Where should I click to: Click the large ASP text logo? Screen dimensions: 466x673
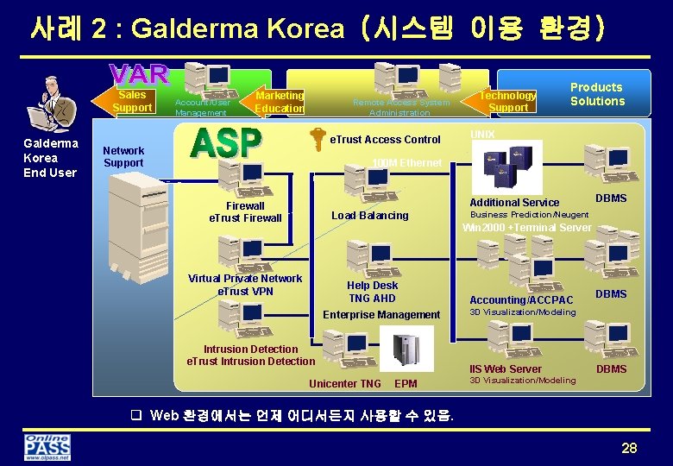226,144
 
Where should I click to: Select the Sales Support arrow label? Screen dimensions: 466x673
131,101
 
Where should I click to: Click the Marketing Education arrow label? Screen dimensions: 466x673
279,102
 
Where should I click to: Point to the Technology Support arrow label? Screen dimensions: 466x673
507,101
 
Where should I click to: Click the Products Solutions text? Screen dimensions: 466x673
596,94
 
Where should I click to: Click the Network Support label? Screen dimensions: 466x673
123,156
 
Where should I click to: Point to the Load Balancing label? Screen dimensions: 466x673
370,215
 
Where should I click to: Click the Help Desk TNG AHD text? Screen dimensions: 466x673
372,292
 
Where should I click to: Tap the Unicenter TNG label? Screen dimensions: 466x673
345,384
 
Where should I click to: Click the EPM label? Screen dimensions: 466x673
406,384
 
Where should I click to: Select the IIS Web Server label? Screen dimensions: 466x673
506,368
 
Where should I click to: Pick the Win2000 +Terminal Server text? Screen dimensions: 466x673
527,228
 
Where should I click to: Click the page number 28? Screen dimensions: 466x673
628,448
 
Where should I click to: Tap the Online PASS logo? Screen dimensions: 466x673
47,447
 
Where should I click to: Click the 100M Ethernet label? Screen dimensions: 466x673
406,163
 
